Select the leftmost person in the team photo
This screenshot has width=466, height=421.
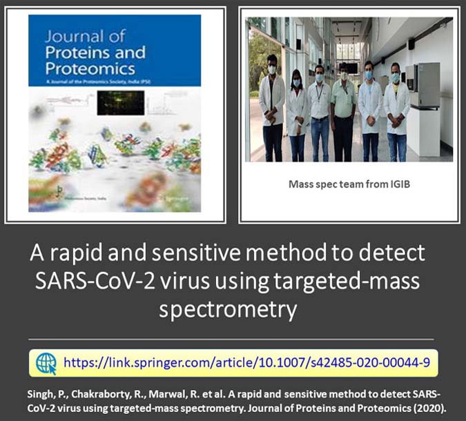[x=271, y=104]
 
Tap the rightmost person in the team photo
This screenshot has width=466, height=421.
[x=396, y=107]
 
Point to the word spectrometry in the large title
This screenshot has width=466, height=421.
[x=228, y=309]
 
